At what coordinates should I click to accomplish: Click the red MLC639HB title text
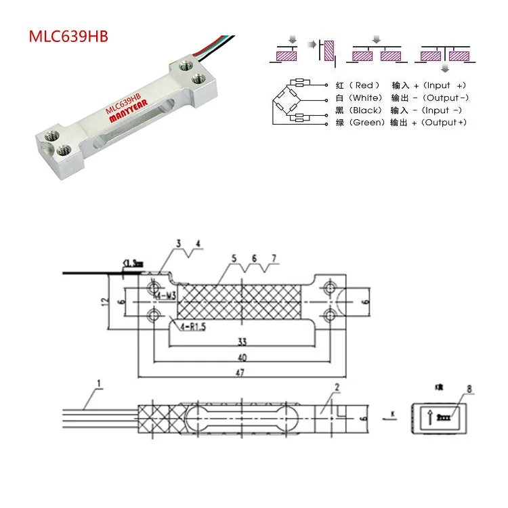[67, 35]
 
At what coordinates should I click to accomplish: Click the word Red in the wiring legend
[364, 86]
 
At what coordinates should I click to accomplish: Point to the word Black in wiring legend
[368, 110]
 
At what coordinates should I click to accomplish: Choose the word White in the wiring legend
[368, 98]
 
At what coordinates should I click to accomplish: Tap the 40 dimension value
[242, 357]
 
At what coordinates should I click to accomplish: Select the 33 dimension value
[242, 342]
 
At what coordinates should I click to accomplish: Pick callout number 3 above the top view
[178, 243]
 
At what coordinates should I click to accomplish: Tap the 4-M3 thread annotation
[165, 296]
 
